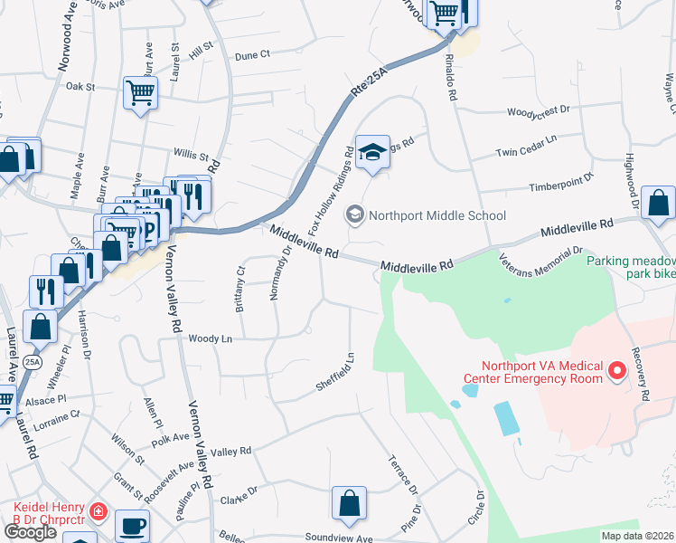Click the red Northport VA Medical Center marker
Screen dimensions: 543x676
pyautogui.click(x=618, y=370)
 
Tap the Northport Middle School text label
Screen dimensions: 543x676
pyautogui.click(x=437, y=215)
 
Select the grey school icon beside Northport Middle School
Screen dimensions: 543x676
pyautogui.click(x=355, y=215)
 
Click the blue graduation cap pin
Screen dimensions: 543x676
pyautogui.click(x=371, y=152)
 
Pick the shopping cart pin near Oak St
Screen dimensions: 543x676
pyautogui.click(x=141, y=92)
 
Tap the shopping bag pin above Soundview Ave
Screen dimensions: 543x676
pyautogui.click(x=349, y=503)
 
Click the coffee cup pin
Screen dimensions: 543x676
pyautogui.click(x=133, y=525)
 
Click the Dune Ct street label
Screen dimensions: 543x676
pyautogui.click(x=252, y=55)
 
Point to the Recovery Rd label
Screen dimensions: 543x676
pyautogui.click(x=642, y=374)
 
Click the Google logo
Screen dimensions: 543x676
pyautogui.click(x=30, y=532)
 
